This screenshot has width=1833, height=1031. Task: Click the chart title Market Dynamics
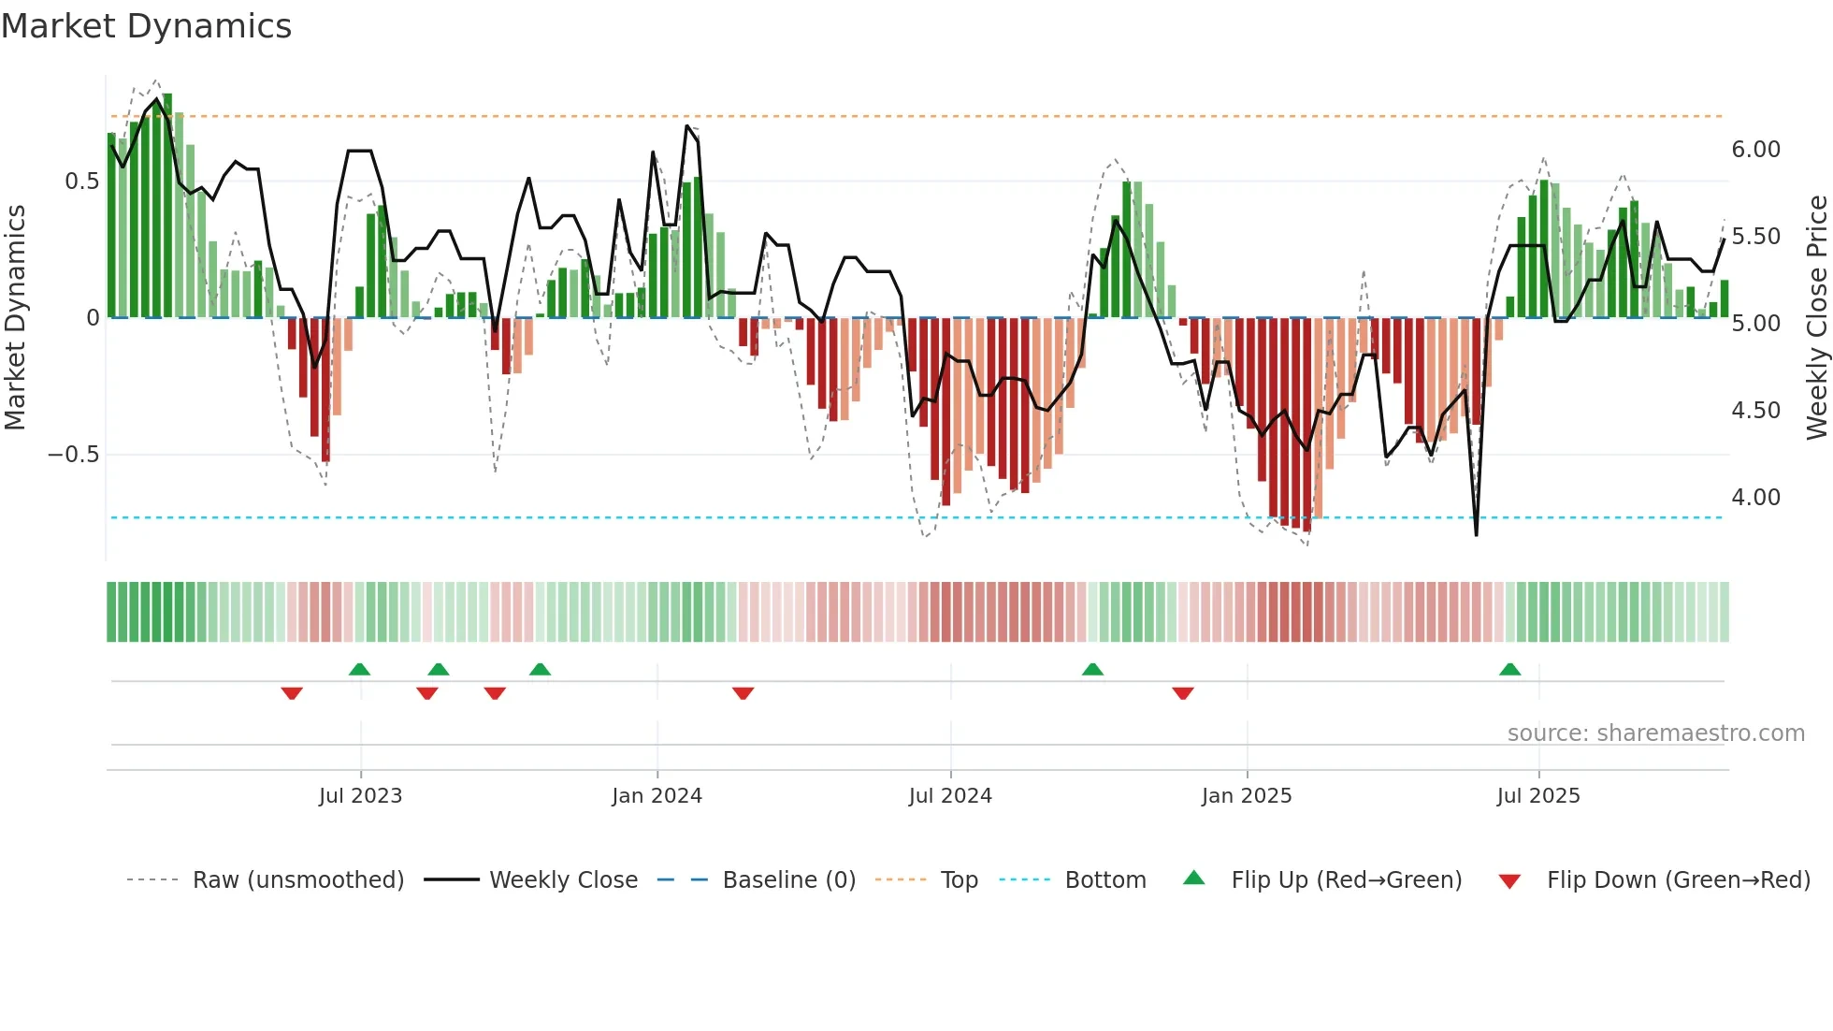146,26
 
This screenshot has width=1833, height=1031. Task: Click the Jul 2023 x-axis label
360,796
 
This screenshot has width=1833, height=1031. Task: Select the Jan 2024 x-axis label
657,796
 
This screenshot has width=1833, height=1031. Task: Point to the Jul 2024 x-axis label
950,796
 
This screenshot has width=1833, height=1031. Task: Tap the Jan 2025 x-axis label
1247,796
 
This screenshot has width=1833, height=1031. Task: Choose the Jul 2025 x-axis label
1538,796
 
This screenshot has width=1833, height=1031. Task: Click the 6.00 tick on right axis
1755,150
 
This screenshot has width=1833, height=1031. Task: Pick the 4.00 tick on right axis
1755,498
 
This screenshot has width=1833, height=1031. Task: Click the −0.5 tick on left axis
74,455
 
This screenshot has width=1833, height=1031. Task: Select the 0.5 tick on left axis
82,182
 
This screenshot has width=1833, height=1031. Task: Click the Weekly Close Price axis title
1816,318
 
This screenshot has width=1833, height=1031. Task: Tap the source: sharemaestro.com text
1655,733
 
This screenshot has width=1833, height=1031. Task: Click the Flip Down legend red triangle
1509,881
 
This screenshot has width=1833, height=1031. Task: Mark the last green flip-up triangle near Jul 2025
1509,669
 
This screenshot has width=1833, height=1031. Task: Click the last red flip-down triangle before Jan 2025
1183,693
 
